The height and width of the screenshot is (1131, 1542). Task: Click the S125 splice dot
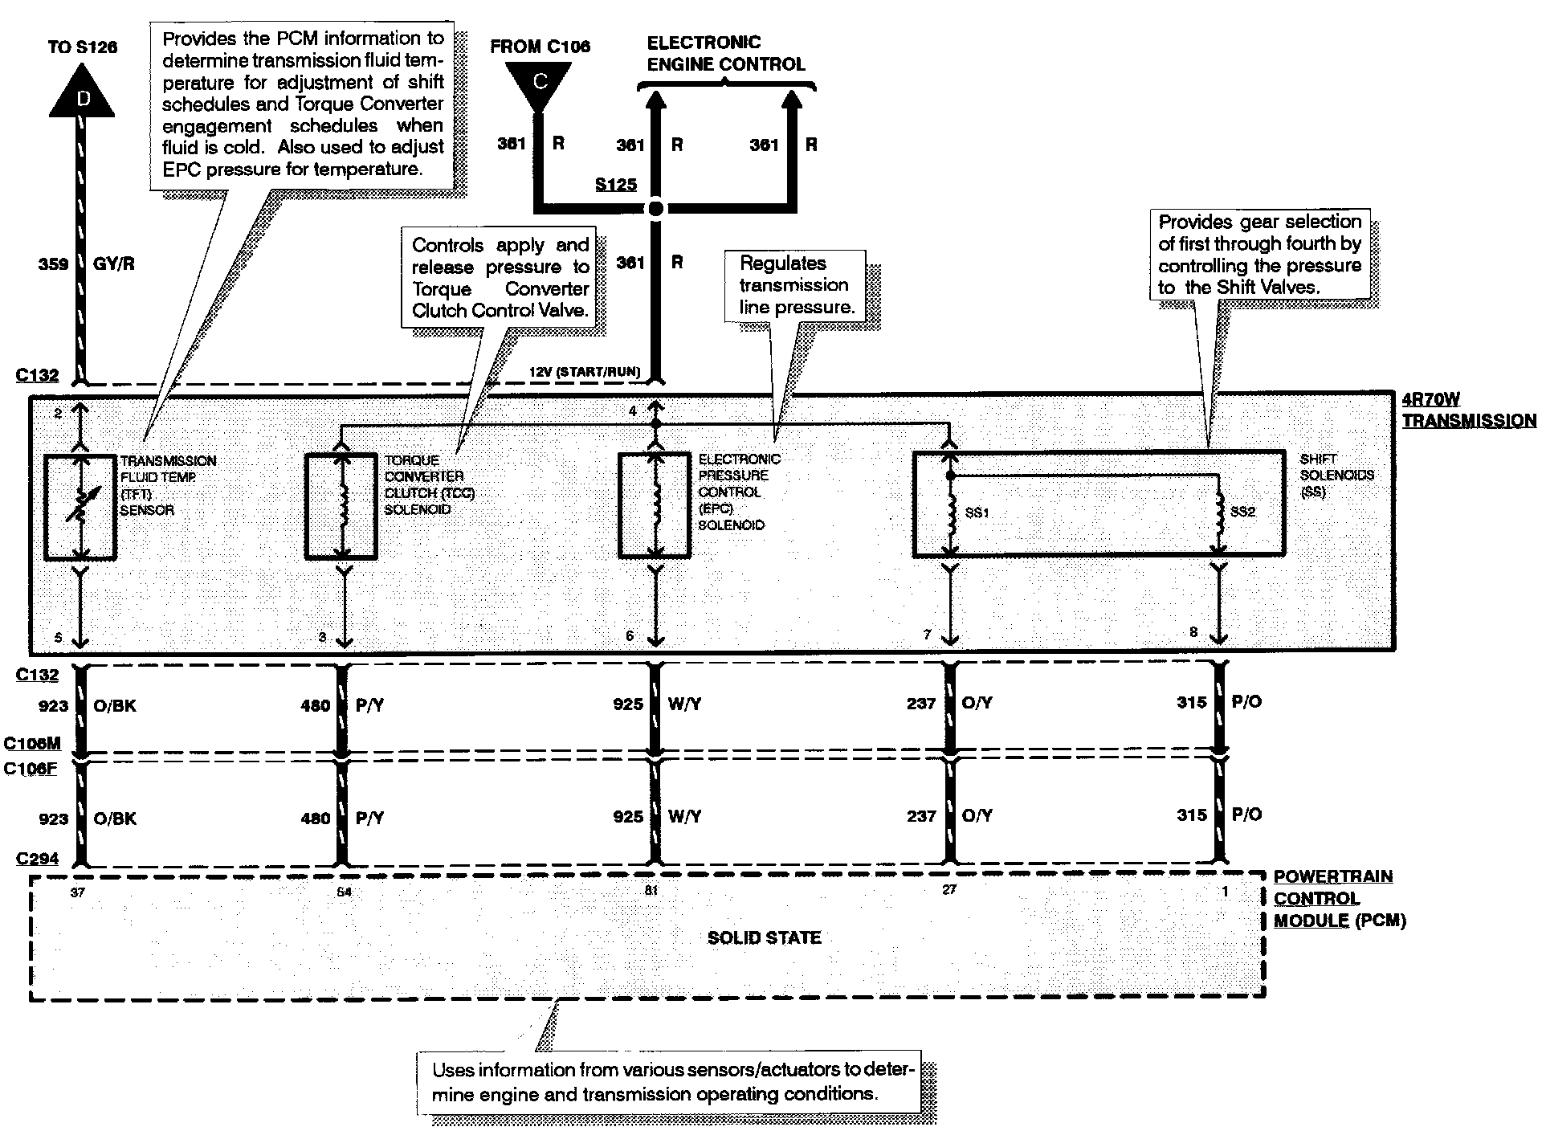click(656, 209)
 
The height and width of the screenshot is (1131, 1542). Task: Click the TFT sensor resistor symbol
click(80, 507)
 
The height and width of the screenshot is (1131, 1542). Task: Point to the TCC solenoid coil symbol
click(343, 507)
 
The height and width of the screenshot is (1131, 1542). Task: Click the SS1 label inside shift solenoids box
click(977, 512)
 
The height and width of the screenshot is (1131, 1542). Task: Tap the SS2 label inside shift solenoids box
click(1242, 512)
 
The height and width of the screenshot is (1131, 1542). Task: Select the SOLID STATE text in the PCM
click(764, 938)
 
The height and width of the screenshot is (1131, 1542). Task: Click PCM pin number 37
click(78, 891)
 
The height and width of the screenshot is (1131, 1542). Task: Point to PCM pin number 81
click(651, 890)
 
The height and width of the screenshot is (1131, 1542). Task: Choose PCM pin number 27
click(949, 890)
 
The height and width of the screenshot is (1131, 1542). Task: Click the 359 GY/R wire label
click(86, 263)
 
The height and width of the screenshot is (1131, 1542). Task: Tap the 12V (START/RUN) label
click(585, 372)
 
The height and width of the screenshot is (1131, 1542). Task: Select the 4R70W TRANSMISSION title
click(1469, 410)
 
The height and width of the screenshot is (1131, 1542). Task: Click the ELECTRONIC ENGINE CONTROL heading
click(725, 54)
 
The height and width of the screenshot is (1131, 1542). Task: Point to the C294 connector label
click(37, 859)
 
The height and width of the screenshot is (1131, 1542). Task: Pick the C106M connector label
click(32, 744)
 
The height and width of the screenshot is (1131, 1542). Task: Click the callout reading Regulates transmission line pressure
click(795, 285)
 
